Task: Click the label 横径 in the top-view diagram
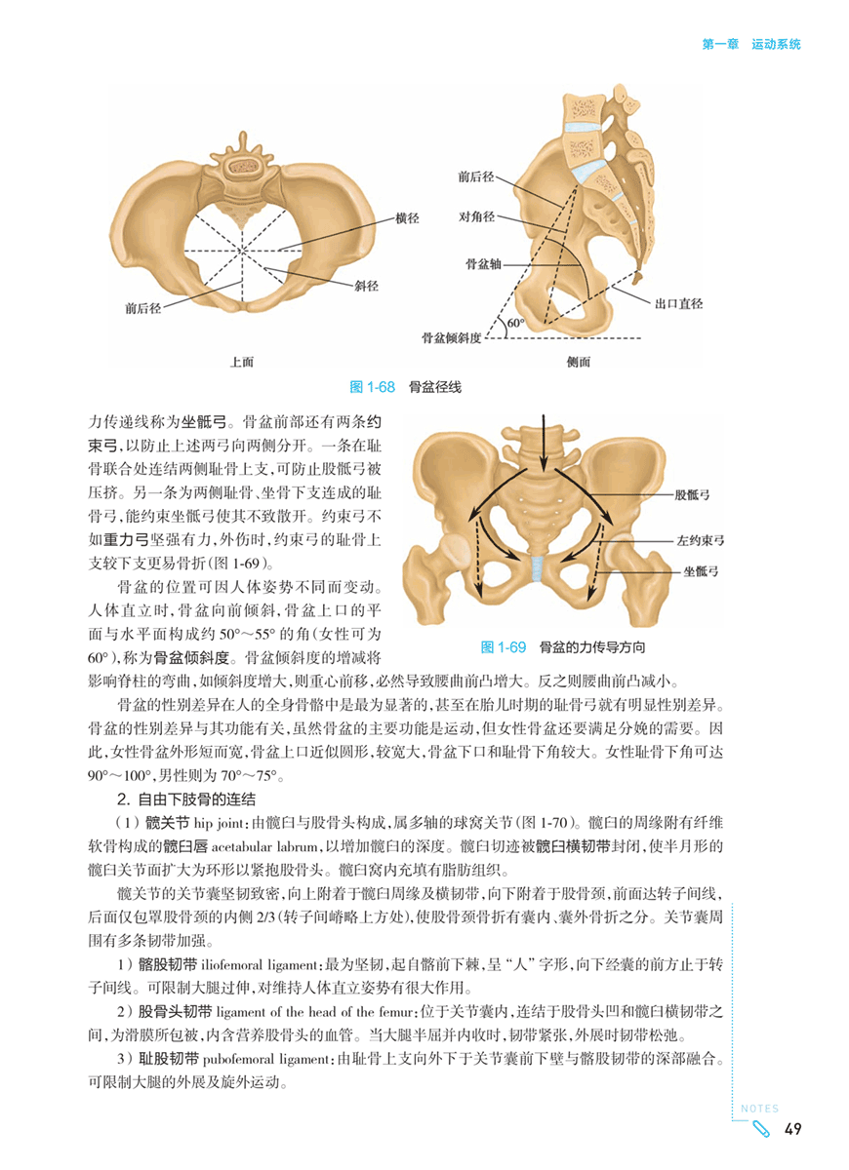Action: point(407,218)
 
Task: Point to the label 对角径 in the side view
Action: point(476,215)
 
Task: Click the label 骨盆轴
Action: point(484,263)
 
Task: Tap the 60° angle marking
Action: point(515,323)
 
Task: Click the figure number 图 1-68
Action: point(371,387)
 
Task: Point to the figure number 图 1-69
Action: point(505,646)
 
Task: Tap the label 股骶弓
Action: point(691,495)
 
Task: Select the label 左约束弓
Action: point(698,538)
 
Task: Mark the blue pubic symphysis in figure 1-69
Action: point(538,566)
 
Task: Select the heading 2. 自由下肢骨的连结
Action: point(185,799)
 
